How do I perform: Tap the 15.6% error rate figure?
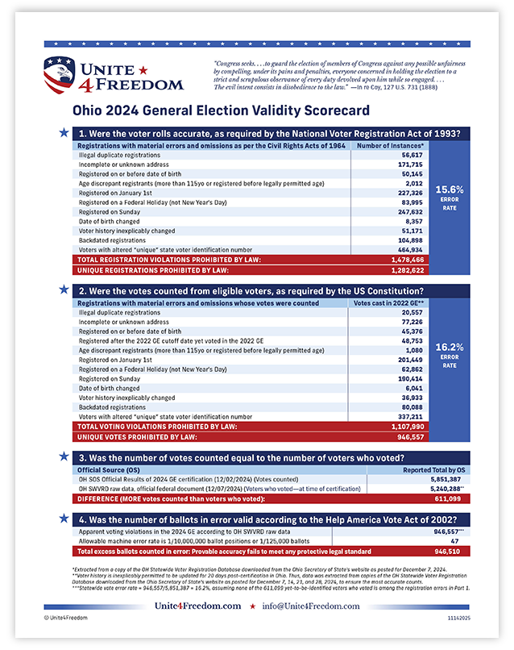[447, 190]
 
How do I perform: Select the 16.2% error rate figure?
[447, 348]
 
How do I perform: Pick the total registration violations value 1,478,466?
[407, 260]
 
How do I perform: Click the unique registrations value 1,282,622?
[407, 270]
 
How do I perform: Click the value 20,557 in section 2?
[412, 311]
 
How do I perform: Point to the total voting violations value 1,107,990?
[407, 426]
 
